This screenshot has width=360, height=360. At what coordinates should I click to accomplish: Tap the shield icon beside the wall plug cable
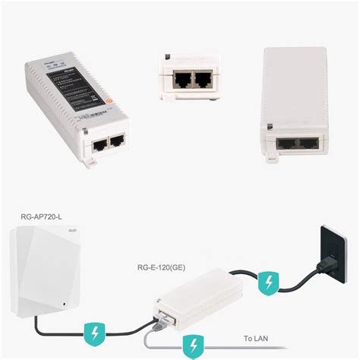267,284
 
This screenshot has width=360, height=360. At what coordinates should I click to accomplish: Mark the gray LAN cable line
228,346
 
